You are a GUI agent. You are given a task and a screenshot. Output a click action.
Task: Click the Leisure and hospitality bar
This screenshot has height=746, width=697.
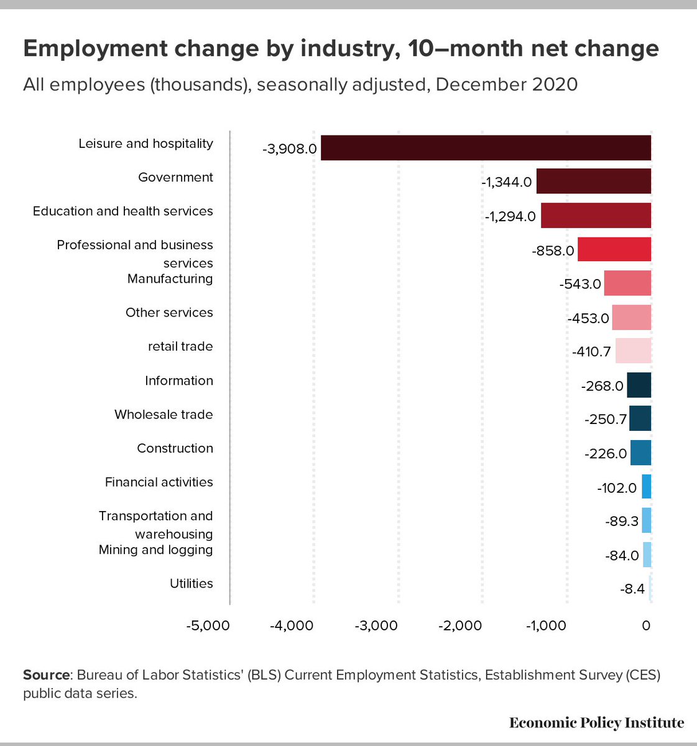click(x=486, y=148)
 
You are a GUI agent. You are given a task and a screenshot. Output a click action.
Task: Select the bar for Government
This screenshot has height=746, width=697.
click(x=593, y=182)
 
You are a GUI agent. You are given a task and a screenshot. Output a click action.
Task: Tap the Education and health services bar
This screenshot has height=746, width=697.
click(x=596, y=216)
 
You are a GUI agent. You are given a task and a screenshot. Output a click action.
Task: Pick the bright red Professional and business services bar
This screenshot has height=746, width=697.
click(x=614, y=249)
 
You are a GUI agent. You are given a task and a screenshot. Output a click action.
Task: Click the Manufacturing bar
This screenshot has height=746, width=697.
click(x=627, y=283)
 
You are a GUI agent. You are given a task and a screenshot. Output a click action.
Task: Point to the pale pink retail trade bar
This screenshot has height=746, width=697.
click(x=633, y=351)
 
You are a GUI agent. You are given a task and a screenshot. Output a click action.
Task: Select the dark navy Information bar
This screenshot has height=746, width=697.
click(x=639, y=385)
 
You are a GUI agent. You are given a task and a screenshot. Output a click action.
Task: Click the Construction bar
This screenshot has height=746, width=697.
click(x=640, y=453)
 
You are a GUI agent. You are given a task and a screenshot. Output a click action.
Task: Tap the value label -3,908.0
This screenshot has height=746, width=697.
click(x=290, y=149)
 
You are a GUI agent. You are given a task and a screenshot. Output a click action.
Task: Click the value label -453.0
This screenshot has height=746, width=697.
click(x=588, y=318)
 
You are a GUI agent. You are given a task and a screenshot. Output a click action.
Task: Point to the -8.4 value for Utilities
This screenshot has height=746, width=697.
click(x=632, y=589)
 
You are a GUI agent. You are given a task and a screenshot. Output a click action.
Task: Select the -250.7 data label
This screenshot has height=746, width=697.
click(x=606, y=420)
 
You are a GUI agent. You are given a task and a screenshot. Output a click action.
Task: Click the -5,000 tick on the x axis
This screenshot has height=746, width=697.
click(x=208, y=625)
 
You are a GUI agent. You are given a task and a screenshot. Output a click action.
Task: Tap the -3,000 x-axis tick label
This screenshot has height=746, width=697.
click(x=376, y=625)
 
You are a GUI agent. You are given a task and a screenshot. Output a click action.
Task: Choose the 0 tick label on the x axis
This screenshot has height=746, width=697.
click(x=646, y=625)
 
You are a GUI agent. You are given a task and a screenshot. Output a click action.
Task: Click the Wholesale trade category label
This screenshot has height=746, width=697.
click(x=164, y=415)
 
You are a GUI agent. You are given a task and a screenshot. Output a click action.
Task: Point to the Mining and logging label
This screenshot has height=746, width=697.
click(x=155, y=550)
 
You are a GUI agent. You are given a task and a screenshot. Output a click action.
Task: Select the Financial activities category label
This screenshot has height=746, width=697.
click(x=159, y=482)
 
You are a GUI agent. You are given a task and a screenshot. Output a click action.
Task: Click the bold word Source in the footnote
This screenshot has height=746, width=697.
click(x=46, y=675)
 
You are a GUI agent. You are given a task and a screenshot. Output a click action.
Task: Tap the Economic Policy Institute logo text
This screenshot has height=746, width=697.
click(x=596, y=722)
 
